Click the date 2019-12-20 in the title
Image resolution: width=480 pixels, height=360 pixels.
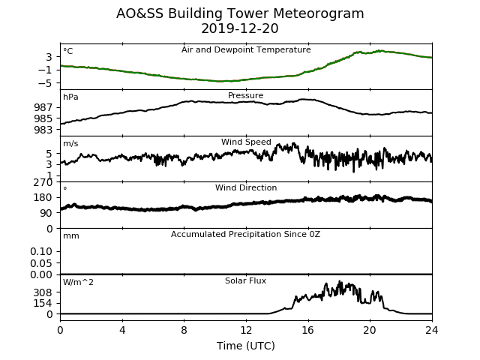coord(240,28)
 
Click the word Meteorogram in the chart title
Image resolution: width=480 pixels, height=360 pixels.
coord(318,13)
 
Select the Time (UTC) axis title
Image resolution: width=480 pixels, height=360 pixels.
coord(246,346)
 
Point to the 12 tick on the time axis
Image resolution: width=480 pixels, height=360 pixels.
coord(246,330)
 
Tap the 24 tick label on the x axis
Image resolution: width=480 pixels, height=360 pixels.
coord(432,330)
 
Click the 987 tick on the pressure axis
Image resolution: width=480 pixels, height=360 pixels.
coord(43,107)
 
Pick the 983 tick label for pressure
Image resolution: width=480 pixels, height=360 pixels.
coord(43,130)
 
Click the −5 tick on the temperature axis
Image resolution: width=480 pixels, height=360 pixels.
coord(45,83)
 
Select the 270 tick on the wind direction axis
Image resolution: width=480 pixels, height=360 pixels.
coord(43,183)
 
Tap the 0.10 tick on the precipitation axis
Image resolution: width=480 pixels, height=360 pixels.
coord(41,252)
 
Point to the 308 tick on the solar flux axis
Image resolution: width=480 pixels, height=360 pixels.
coord(43,292)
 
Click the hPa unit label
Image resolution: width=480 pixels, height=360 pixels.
coord(70,97)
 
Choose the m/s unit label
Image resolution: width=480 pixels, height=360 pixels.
coord(70,143)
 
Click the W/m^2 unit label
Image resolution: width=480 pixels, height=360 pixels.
coord(78,282)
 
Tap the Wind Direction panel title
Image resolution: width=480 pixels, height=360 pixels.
coord(246,187)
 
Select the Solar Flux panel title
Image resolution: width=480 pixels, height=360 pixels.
coord(245,280)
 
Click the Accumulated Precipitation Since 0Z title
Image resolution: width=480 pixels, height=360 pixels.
coord(245,234)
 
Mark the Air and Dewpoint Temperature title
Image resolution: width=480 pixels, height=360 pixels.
coord(246,49)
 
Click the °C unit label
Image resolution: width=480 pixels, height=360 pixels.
coord(68,51)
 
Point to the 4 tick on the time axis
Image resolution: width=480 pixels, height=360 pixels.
coord(122,330)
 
